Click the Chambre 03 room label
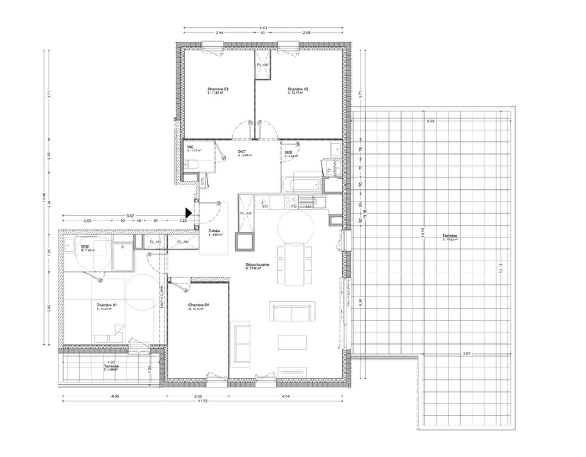[218, 89]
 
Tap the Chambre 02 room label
[298, 89]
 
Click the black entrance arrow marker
[188, 213]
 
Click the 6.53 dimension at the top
[263, 28]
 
